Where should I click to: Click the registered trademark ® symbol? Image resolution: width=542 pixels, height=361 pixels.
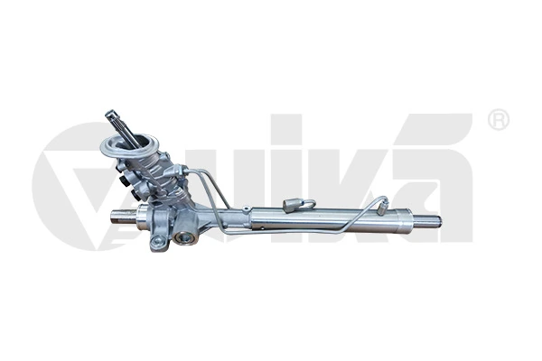click(x=498, y=121)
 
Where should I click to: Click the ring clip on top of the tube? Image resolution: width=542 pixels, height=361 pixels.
click(x=295, y=204)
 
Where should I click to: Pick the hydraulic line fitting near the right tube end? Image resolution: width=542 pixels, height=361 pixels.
click(x=383, y=207)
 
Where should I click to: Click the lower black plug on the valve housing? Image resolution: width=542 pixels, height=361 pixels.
click(x=138, y=195)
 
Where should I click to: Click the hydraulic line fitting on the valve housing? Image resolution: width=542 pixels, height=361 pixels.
click(x=182, y=171)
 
